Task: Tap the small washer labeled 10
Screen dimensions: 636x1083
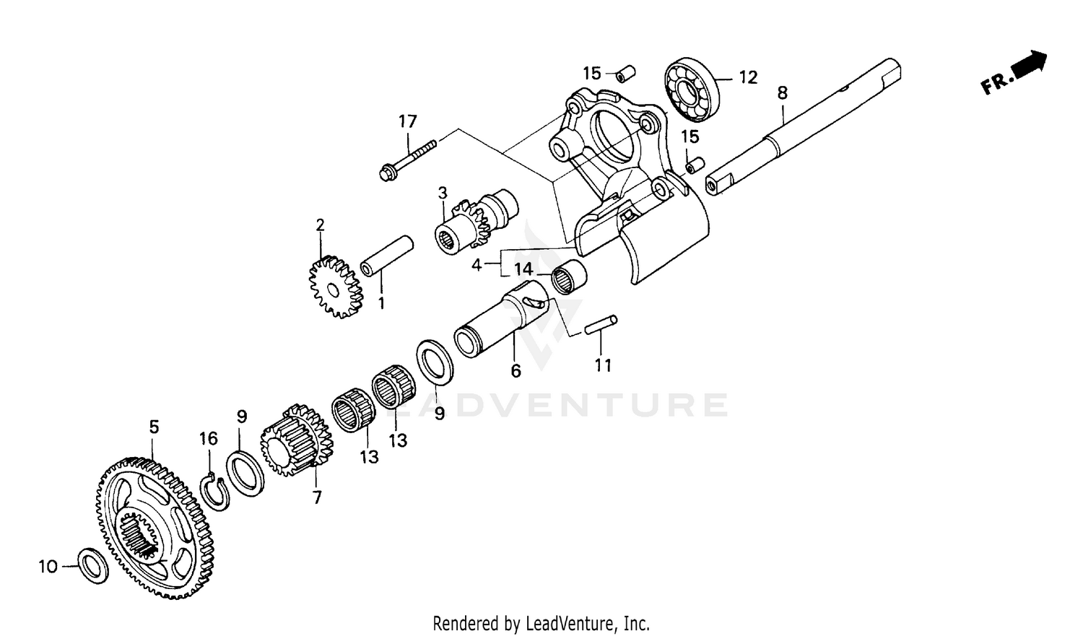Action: (93, 565)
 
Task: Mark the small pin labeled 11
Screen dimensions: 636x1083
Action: (601, 324)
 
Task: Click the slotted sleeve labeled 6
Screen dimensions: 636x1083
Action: (498, 321)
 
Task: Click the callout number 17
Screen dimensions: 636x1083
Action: (407, 121)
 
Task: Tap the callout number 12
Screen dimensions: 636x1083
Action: (748, 77)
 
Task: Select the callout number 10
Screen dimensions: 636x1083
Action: (48, 567)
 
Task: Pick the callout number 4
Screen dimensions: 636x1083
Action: (477, 265)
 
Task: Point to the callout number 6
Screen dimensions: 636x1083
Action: (516, 370)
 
